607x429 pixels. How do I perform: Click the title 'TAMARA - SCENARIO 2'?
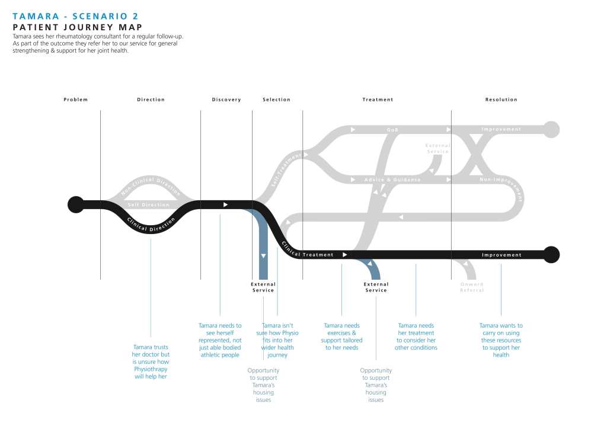[75, 16]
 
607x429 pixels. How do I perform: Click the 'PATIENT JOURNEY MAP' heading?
[77, 27]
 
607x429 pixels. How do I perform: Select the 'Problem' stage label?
[76, 100]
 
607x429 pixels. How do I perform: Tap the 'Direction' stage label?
[151, 100]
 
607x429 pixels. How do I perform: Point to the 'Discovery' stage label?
[226, 100]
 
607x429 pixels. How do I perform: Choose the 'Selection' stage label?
[276, 100]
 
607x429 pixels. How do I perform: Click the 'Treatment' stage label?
[378, 100]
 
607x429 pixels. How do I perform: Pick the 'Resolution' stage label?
[501, 100]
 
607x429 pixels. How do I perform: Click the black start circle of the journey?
[75, 204]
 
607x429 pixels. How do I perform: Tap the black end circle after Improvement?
[551, 254]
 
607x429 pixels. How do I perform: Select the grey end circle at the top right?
[551, 129]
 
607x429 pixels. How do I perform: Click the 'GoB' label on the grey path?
[392, 129]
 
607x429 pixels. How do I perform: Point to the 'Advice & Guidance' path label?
[392, 180]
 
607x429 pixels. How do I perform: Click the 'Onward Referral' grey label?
[472, 287]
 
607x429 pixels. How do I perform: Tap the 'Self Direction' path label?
[149, 205]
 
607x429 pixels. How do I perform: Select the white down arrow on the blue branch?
[263, 255]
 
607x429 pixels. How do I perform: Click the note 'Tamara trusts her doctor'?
[151, 361]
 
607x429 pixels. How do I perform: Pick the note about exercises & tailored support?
[343, 337]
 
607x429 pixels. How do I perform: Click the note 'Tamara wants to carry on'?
[501, 340]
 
